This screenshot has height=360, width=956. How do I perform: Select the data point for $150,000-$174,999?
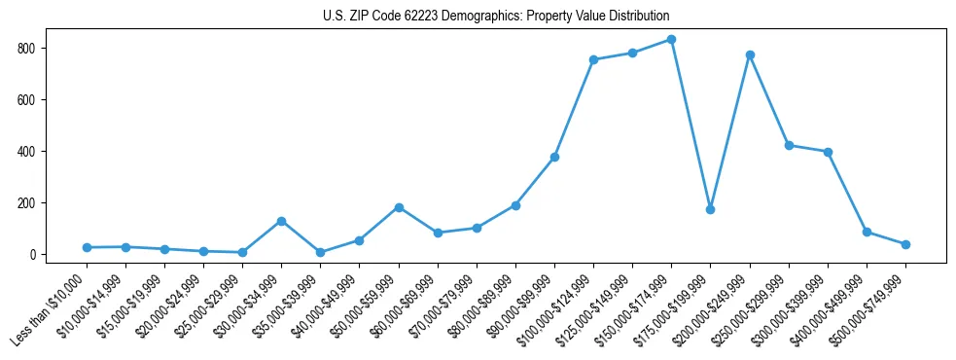tap(672, 40)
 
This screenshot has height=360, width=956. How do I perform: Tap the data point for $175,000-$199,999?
tap(711, 209)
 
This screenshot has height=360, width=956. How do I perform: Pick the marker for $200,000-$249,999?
tap(750, 55)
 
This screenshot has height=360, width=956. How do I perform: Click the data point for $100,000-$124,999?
tap(593, 59)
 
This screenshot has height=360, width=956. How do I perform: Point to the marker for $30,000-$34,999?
tap(281, 221)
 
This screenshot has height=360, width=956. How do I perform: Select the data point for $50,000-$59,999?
tap(399, 207)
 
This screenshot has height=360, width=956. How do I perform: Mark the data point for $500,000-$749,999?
tap(905, 244)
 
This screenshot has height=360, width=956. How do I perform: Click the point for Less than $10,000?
tap(87, 247)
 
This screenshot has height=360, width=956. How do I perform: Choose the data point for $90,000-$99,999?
tap(554, 157)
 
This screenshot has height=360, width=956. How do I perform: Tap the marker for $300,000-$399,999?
tap(828, 152)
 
